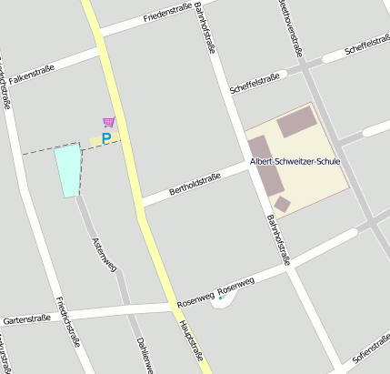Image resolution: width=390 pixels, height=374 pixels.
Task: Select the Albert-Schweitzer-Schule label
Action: pyautogui.click(x=295, y=162)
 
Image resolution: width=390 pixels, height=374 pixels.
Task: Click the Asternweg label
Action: pyautogui.click(x=105, y=256)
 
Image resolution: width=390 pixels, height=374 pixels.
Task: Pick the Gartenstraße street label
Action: pyautogui.click(x=26, y=320)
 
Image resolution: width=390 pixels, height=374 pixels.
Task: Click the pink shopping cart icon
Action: pyautogui.click(x=109, y=121)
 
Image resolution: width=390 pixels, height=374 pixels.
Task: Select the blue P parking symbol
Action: pyautogui.click(x=105, y=138)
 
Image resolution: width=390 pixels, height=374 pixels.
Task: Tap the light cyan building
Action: pyautogui.click(x=68, y=169)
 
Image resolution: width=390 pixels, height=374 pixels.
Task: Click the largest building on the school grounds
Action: pyautogui.click(x=297, y=122)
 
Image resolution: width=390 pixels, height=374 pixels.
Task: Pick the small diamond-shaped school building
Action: pyautogui.click(x=283, y=204)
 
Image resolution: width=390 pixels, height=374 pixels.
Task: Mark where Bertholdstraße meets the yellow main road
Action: pyautogui.click(x=140, y=204)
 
